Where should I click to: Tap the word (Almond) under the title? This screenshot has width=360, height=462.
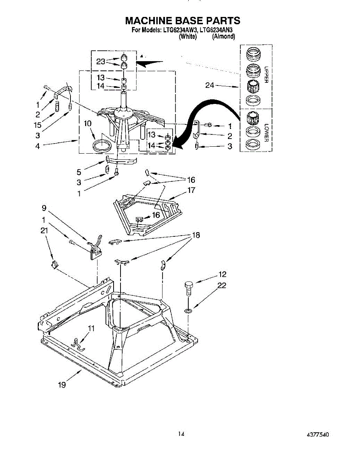224,37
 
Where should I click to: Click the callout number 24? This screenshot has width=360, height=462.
209,85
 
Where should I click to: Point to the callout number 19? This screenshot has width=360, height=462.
62,385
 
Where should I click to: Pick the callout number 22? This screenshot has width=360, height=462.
221,285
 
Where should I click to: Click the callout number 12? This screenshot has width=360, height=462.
222,275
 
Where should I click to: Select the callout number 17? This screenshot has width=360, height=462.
191,190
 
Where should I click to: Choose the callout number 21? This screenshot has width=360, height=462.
44,230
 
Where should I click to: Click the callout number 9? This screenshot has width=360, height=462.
44,209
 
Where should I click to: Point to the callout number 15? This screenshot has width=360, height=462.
37,125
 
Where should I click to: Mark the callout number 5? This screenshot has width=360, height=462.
79,172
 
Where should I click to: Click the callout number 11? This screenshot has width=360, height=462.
91,328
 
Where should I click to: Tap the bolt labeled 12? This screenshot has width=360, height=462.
188,288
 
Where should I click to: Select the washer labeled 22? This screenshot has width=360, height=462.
188,310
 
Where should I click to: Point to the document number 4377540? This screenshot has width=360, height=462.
318,435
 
